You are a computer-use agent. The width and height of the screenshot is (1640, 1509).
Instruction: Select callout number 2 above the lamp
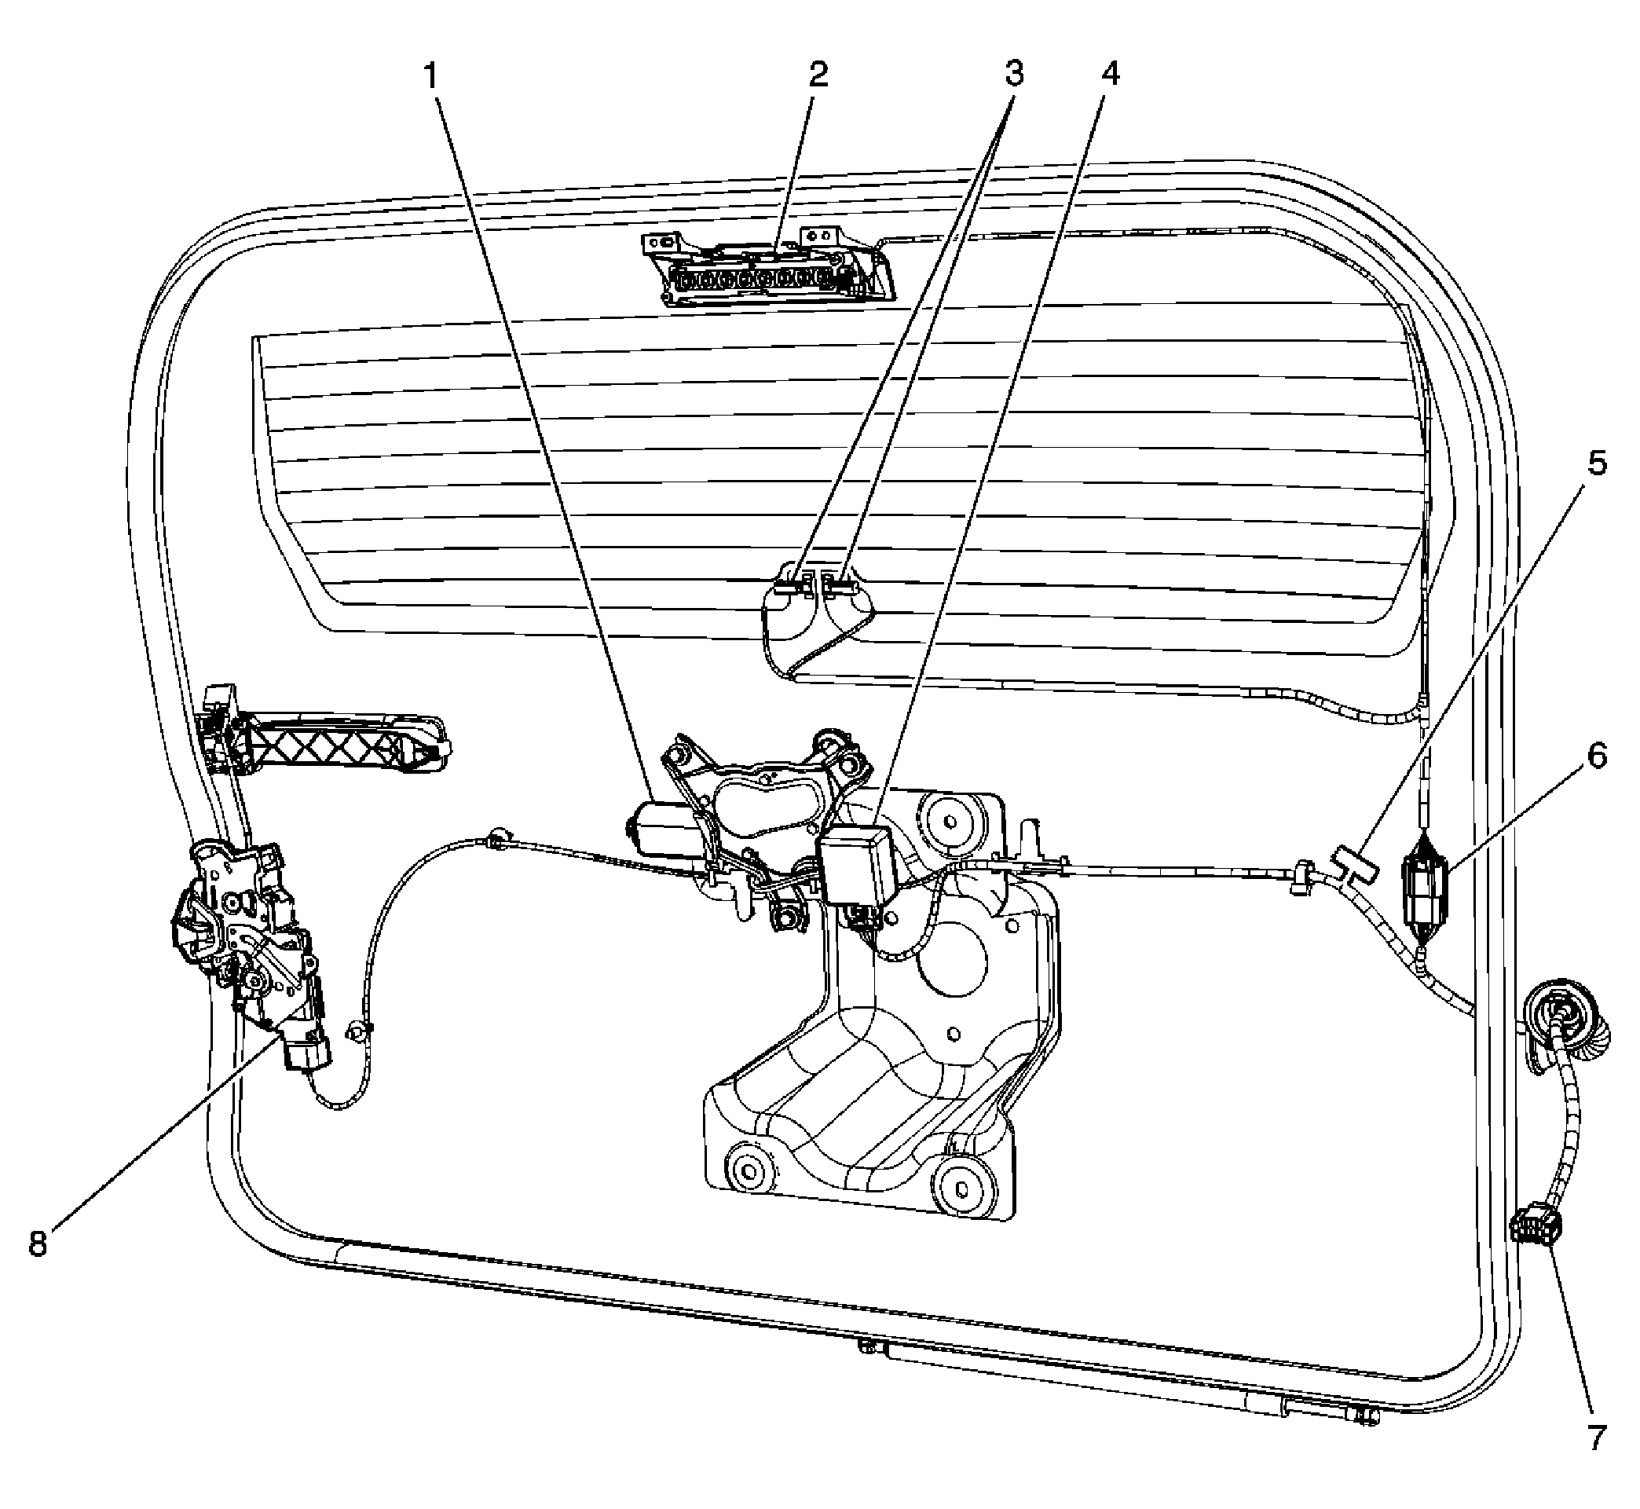click(818, 75)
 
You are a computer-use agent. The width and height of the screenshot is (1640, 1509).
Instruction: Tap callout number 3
click(1014, 75)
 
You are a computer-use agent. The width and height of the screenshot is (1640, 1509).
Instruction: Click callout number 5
click(1597, 463)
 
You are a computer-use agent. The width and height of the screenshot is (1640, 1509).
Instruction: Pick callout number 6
click(1597, 756)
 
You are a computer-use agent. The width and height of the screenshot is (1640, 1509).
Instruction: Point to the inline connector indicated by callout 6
click(1425, 888)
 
